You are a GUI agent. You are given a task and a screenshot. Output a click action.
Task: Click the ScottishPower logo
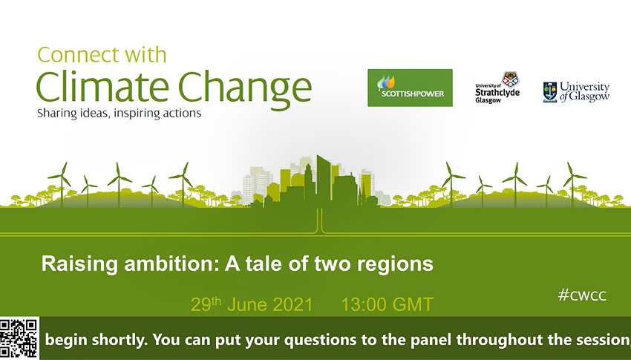point(410,88)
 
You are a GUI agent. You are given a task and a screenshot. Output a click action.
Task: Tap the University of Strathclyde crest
point(510,79)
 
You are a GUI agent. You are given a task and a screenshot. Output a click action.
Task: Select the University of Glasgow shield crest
point(549,92)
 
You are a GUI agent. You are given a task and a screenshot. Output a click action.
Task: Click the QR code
point(19,338)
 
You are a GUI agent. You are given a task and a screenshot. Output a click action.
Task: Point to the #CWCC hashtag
point(582,295)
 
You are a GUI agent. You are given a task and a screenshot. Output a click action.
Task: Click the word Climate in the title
point(103,88)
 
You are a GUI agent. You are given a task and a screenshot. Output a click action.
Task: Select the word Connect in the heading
point(73,55)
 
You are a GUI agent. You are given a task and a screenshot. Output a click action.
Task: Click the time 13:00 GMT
point(387,304)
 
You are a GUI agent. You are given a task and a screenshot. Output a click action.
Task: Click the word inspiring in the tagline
point(137,114)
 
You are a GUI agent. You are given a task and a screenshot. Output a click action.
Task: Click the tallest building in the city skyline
point(323,181)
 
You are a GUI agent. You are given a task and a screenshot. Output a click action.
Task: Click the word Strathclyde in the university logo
point(497,93)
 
